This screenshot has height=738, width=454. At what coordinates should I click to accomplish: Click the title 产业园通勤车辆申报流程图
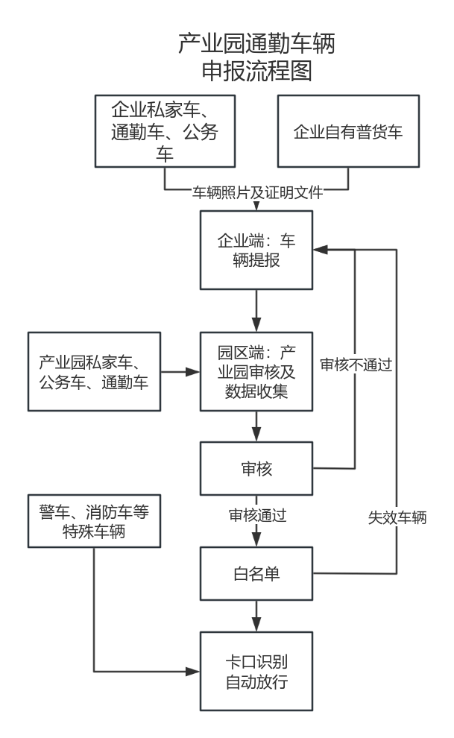(x=256, y=57)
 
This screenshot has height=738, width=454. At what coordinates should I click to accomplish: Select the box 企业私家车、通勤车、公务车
(x=165, y=131)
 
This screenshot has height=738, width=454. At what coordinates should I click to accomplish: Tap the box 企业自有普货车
(x=347, y=132)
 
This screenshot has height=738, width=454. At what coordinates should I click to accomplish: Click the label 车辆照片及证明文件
(x=257, y=192)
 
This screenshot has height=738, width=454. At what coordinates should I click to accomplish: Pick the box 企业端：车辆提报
(x=256, y=250)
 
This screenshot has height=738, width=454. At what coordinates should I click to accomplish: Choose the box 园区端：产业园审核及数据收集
(x=256, y=371)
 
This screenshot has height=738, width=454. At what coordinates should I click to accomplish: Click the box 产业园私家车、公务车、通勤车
(x=94, y=371)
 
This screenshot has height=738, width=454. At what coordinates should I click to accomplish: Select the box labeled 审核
(x=256, y=468)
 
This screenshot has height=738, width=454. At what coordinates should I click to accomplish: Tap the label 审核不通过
(x=356, y=365)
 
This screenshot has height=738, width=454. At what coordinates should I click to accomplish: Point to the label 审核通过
(x=257, y=515)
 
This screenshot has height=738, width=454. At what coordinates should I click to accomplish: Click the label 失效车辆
(x=397, y=517)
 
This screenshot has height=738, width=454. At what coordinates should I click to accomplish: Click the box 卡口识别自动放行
(x=256, y=672)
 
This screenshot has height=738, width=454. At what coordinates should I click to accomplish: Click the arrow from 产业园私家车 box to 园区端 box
(x=180, y=371)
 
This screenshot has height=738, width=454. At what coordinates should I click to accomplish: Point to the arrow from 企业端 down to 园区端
(x=256, y=310)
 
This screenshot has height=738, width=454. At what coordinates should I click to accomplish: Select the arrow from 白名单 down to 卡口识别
(x=256, y=616)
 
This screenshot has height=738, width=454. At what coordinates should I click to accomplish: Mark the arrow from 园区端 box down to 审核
(x=256, y=426)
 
